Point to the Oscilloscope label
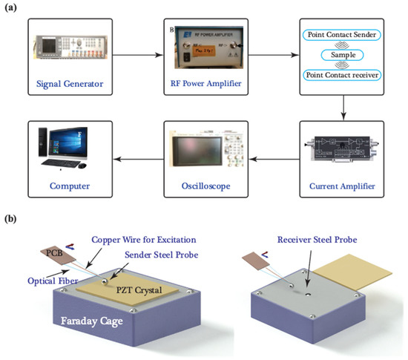pyautogui.click(x=205, y=183)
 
